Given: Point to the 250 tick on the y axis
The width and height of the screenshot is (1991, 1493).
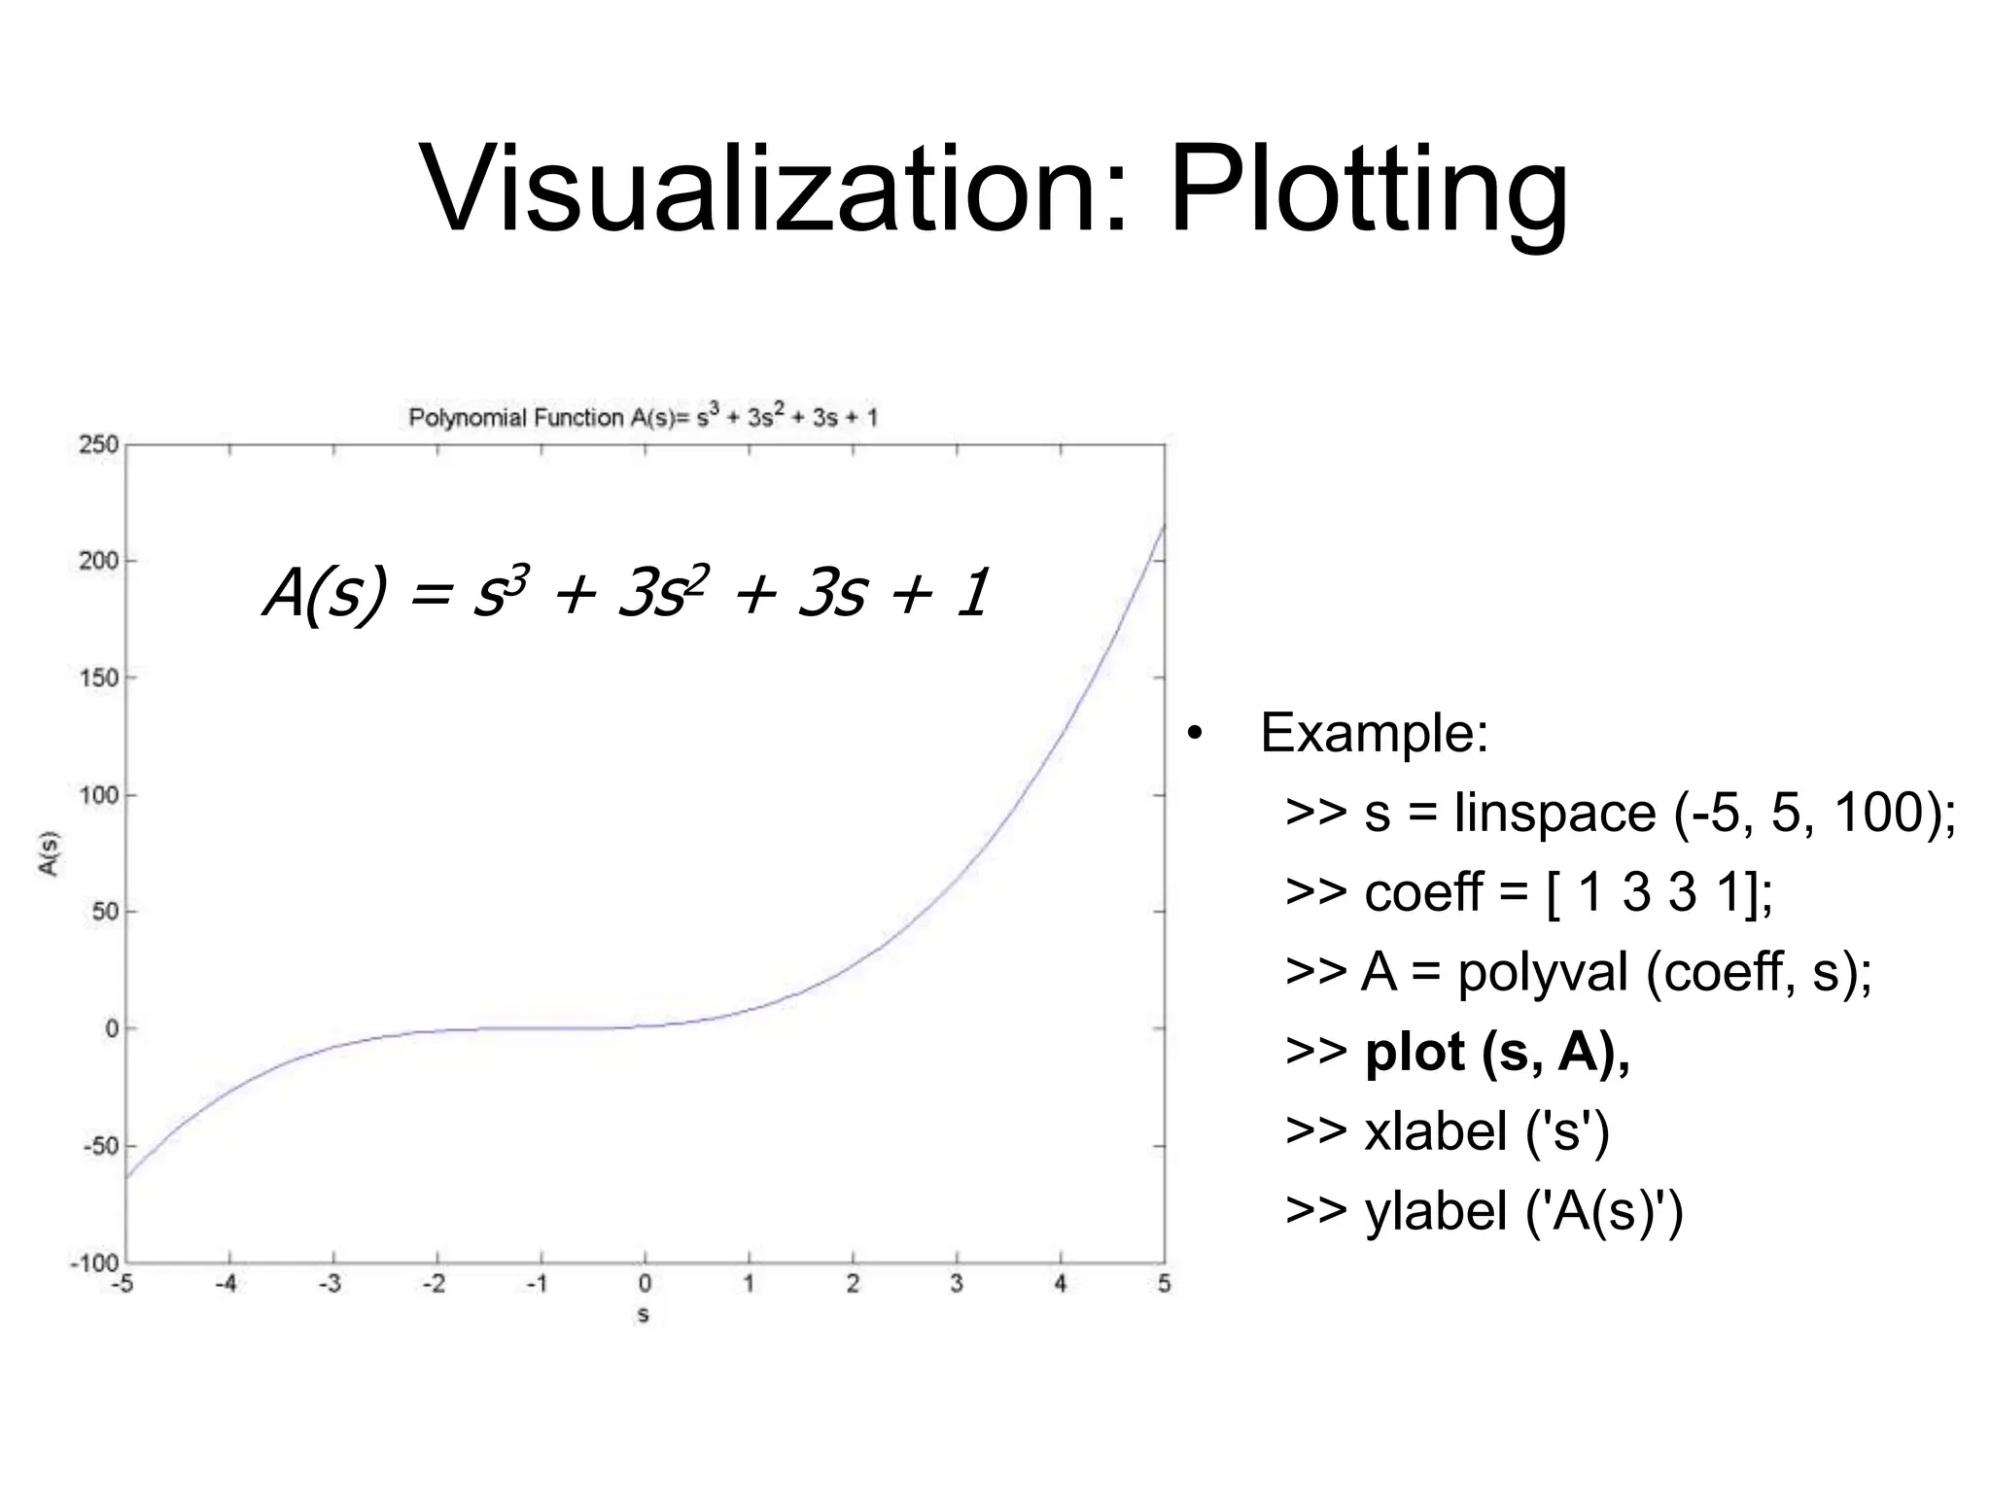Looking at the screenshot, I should pos(98,445).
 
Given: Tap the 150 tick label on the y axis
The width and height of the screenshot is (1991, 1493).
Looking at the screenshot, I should pos(98,678).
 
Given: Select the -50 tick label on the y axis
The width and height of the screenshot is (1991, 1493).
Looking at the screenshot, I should pos(98,1146).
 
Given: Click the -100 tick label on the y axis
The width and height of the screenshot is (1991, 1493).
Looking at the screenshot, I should pos(94,1264).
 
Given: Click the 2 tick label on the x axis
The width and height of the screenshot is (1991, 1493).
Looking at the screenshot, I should pos(853,1285).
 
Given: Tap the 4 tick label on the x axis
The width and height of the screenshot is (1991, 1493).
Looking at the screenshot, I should pos(1061,1285).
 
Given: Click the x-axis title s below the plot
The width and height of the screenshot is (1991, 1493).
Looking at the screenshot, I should pos(644,1315).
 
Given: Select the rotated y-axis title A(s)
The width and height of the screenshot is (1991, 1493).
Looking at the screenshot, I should pos(50,853).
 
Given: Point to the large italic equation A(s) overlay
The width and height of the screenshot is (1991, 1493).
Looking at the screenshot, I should pos(627,593).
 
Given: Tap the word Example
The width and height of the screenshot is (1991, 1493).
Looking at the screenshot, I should pos(1374,733).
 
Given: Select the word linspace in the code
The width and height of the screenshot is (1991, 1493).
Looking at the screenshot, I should pos(1554,813).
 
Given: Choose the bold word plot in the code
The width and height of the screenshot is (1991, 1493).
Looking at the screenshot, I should pos(1415,1052).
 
